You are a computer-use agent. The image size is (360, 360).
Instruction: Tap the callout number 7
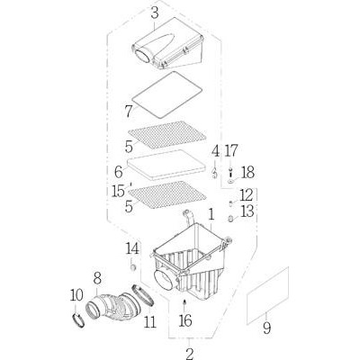[129, 112]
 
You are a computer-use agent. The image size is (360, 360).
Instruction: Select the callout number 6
[119, 172]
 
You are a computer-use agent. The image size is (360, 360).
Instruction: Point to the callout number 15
[118, 192]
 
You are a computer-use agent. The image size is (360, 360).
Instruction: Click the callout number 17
[231, 151]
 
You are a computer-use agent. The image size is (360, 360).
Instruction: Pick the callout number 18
[248, 173]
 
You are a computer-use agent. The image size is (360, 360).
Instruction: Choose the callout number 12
[247, 195]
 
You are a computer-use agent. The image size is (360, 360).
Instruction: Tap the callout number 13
[247, 211]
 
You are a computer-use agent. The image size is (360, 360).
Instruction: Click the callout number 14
[132, 248]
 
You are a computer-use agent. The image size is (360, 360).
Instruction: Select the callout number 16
[185, 320]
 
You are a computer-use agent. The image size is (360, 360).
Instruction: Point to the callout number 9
[266, 328]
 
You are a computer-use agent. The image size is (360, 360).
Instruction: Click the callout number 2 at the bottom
[190, 355]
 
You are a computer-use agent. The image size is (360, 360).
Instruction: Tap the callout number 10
[76, 296]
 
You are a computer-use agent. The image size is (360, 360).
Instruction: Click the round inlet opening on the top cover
[143, 56]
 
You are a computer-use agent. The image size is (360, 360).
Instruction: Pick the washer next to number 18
[230, 182]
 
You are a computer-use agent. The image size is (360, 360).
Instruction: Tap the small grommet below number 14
[133, 266]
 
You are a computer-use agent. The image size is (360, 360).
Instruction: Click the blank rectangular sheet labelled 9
[267, 295]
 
